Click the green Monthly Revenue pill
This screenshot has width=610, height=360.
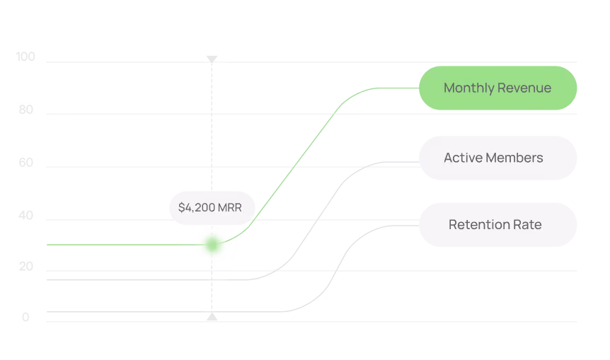click(497, 88)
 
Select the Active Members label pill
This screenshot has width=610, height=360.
click(497, 158)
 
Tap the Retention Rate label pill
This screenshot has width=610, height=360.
click(497, 225)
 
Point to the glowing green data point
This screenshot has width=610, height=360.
click(212, 245)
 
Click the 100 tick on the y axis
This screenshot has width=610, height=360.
click(25, 57)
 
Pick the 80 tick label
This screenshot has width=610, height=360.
click(26, 110)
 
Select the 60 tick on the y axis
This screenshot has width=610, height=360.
click(26, 163)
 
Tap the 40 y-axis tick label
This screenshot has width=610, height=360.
click(26, 216)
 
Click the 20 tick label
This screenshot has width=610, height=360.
click(26, 267)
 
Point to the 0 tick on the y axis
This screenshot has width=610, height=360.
click(25, 318)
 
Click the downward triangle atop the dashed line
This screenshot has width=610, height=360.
click(212, 59)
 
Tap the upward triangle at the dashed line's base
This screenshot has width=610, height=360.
click(212, 316)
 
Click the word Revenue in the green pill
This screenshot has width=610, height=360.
click(524, 88)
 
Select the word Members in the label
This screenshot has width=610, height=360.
click(514, 158)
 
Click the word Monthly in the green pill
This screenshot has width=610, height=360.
click(469, 88)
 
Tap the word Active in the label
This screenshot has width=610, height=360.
click(464, 158)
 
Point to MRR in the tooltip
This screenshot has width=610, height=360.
click(230, 208)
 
